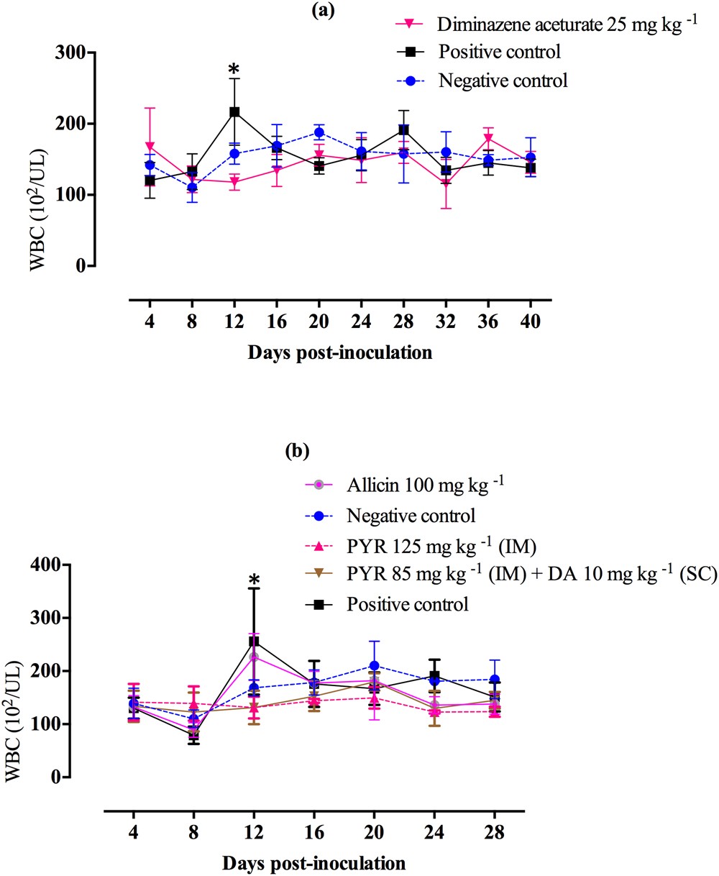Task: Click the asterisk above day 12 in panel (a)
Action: (x=234, y=69)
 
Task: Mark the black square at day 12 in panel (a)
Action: (x=234, y=112)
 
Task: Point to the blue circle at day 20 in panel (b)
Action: (x=373, y=666)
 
